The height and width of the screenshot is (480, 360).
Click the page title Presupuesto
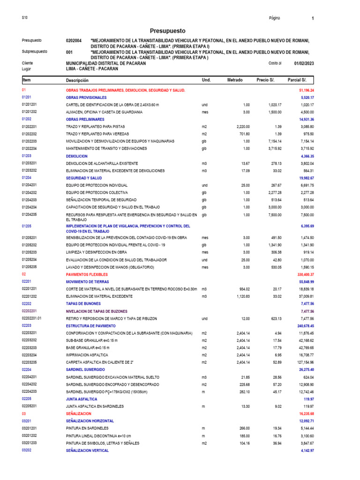pyautogui.click(x=168, y=30)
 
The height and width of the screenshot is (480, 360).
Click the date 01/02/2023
pyautogui.click(x=304, y=63)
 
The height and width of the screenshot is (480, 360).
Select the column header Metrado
pyautogui.click(x=235, y=81)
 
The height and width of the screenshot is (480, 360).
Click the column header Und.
pyautogui.click(x=206, y=81)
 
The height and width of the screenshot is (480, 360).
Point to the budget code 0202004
pyautogui.click(x=74, y=41)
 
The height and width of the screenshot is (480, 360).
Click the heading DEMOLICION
pyautogui.click(x=77, y=156)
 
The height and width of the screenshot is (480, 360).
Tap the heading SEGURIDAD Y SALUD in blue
pyautogui.click(x=84, y=178)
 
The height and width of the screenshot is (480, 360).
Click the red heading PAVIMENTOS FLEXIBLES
pyautogui.click(x=87, y=274)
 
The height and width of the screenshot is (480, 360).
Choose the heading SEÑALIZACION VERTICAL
pyautogui.click(x=87, y=450)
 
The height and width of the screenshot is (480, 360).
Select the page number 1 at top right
pyautogui.click(x=313, y=18)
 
